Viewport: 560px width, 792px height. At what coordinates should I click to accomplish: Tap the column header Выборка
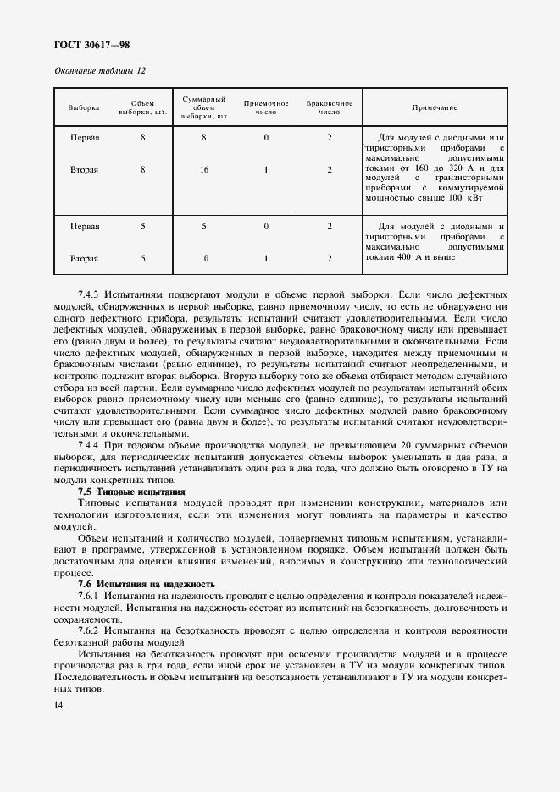click(x=84, y=107)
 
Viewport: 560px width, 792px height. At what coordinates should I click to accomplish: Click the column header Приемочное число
click(x=266, y=107)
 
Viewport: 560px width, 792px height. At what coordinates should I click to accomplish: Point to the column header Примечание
click(x=434, y=107)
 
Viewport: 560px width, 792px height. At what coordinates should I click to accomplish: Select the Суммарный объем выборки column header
click(x=204, y=107)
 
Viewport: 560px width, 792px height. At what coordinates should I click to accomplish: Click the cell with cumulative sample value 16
click(x=204, y=169)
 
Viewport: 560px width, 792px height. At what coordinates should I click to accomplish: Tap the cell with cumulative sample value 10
click(x=204, y=258)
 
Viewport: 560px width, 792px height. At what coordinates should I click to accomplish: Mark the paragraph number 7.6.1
click(x=89, y=597)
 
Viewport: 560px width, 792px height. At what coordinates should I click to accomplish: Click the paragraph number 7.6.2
click(x=89, y=631)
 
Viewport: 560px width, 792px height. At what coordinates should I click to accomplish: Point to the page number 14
click(x=58, y=705)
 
